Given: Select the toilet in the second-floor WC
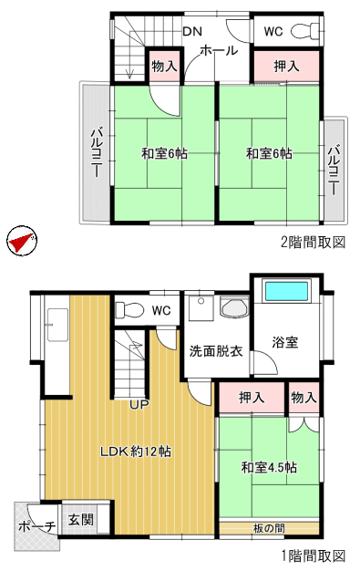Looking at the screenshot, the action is pos(305,30).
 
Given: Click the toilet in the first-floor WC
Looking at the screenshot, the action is pos(129,311).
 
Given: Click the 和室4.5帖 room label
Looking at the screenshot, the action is pos(269,467).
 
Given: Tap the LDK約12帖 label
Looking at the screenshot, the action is pos(136,452).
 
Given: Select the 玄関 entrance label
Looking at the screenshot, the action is pos(81,519).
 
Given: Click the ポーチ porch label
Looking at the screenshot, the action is pos(36,526).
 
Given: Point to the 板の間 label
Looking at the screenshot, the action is pos(269,528).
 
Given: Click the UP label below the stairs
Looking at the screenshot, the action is pos(139,404).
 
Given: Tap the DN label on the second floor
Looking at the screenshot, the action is pos(192,32).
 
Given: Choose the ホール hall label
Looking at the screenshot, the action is pos(219,50).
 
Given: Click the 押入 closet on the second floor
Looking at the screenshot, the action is pos(286,66).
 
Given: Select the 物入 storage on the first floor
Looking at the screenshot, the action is pos(304,397).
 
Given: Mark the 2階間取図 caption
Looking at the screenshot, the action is pos(313,242).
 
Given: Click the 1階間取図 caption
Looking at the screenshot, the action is pos(313,555).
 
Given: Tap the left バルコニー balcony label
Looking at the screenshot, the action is pos(96,152).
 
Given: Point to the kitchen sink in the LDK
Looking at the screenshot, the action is pos(57,326).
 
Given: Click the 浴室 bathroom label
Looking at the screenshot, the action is pos(285,342).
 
